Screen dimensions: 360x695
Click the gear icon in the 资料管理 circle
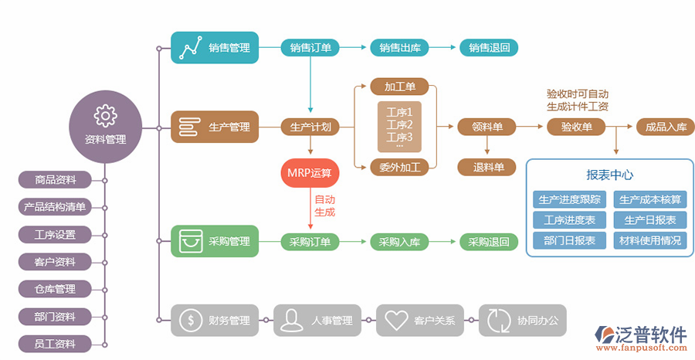point(105,116)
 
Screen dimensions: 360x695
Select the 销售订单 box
point(310,48)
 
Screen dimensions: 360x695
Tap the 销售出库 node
point(399,48)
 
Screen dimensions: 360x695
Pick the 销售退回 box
point(489,48)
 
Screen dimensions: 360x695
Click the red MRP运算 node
point(310,173)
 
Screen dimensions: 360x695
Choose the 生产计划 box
point(310,127)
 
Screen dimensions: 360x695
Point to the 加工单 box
point(399,86)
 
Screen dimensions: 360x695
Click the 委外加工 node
point(399,167)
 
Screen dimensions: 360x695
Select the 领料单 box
point(487,127)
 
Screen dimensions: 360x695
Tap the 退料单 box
point(487,167)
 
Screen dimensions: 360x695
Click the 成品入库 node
point(666,127)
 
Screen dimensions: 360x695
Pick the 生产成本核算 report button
point(650,199)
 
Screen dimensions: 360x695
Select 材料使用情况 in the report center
point(650,241)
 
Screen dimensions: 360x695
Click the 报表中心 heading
point(610,175)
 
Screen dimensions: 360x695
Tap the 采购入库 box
point(399,242)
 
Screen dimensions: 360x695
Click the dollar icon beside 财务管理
point(190,320)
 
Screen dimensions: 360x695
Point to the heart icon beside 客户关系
point(395,320)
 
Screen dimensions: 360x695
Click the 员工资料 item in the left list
point(56,344)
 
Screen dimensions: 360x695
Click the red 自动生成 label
point(325,205)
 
